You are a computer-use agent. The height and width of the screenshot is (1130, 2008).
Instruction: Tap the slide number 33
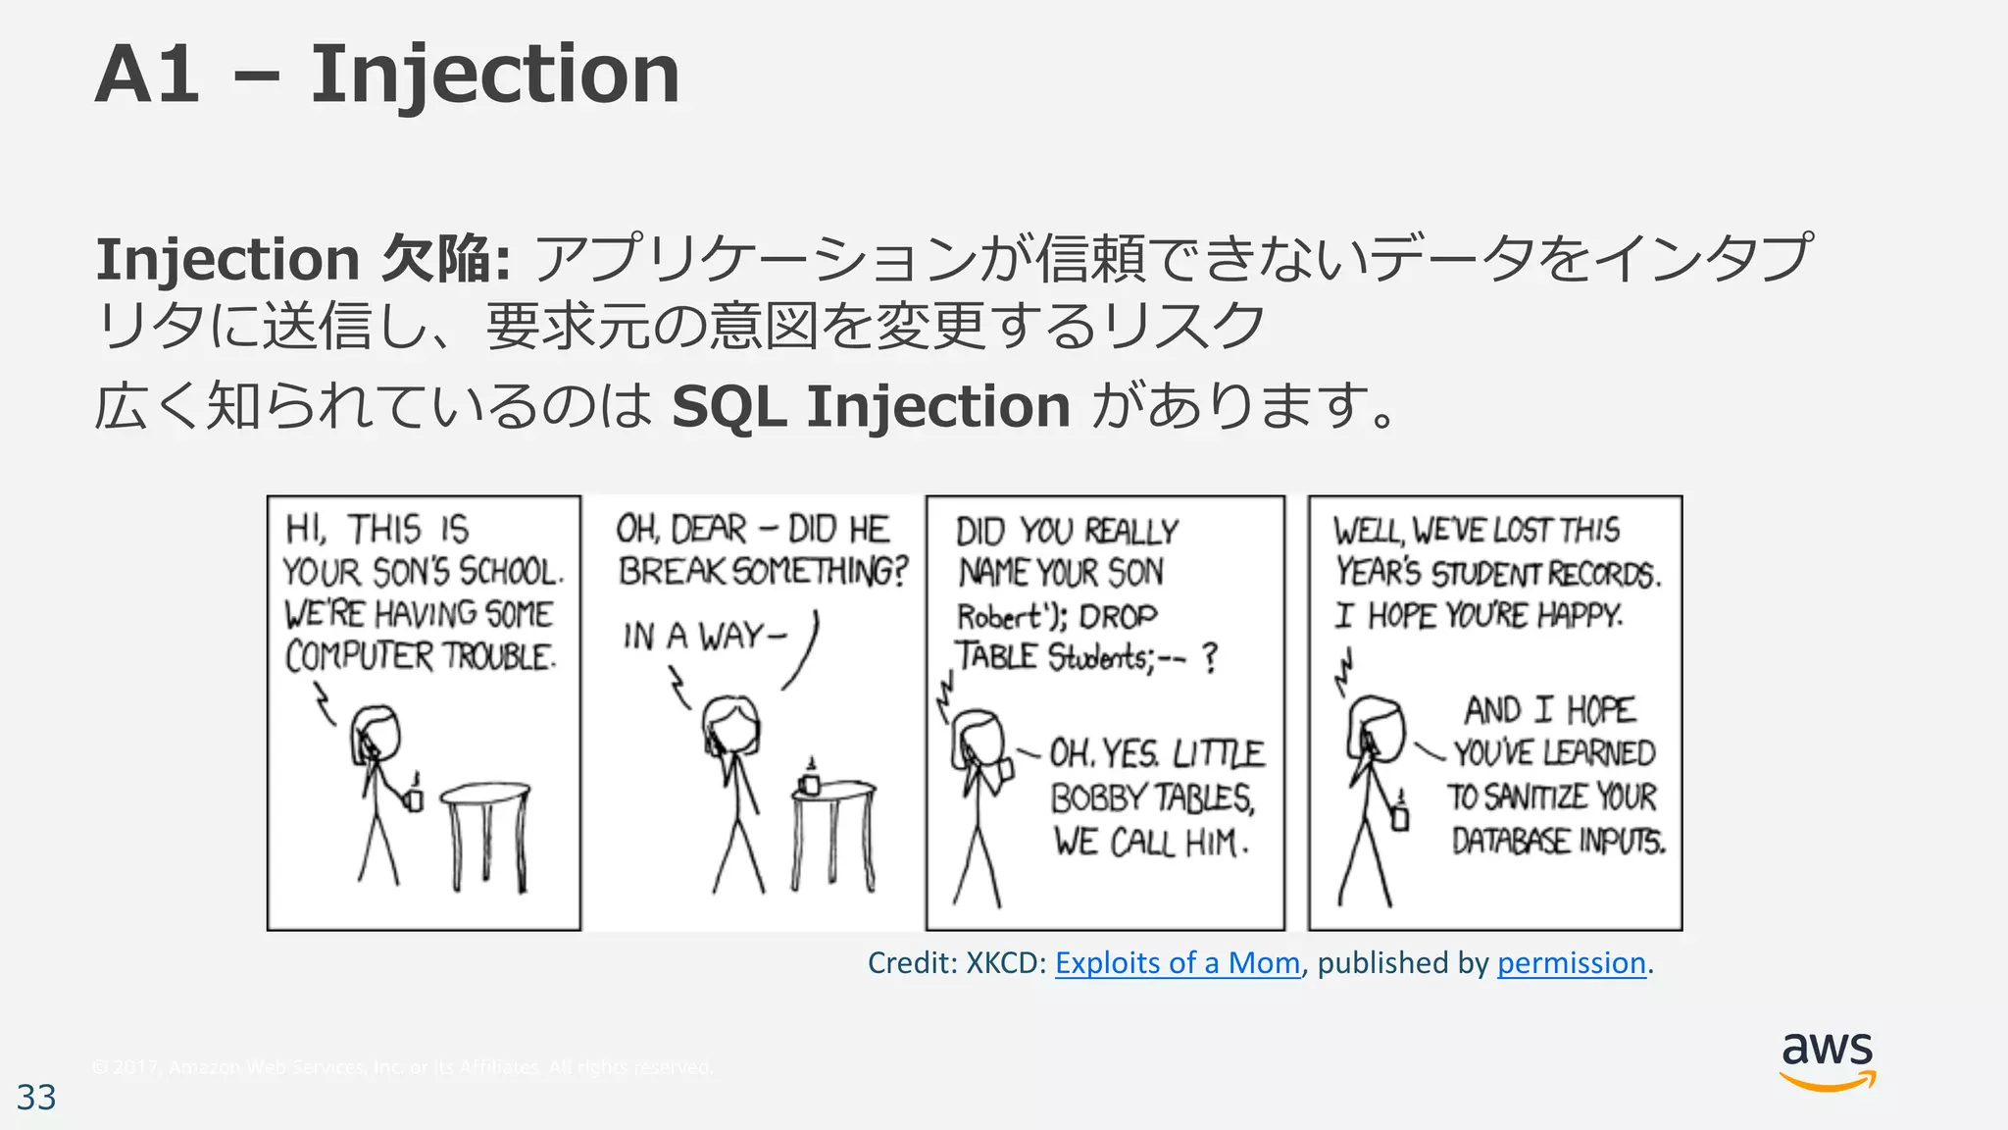(36, 1098)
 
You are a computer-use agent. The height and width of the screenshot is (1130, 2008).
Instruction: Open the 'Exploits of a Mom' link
(1177, 963)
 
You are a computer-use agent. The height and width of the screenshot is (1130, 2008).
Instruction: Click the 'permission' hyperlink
(1571, 963)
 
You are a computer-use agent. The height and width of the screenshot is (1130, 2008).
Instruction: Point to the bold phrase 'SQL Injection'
(871, 407)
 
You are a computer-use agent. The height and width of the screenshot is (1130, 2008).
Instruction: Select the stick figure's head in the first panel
(376, 734)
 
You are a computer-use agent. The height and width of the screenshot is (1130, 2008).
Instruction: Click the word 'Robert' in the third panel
(998, 617)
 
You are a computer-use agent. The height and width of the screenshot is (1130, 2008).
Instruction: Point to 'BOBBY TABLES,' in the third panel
(1152, 798)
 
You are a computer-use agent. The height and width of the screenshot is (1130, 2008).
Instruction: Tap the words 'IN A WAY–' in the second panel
(704, 637)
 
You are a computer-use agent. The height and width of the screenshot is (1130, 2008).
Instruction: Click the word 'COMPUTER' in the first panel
(358, 656)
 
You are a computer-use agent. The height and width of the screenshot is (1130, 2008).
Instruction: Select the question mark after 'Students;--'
(1210, 657)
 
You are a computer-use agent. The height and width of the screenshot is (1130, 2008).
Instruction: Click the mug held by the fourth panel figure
(1400, 816)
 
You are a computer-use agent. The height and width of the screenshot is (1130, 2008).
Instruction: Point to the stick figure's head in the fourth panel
(1376, 727)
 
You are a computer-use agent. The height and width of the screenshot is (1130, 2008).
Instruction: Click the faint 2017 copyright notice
(402, 1067)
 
